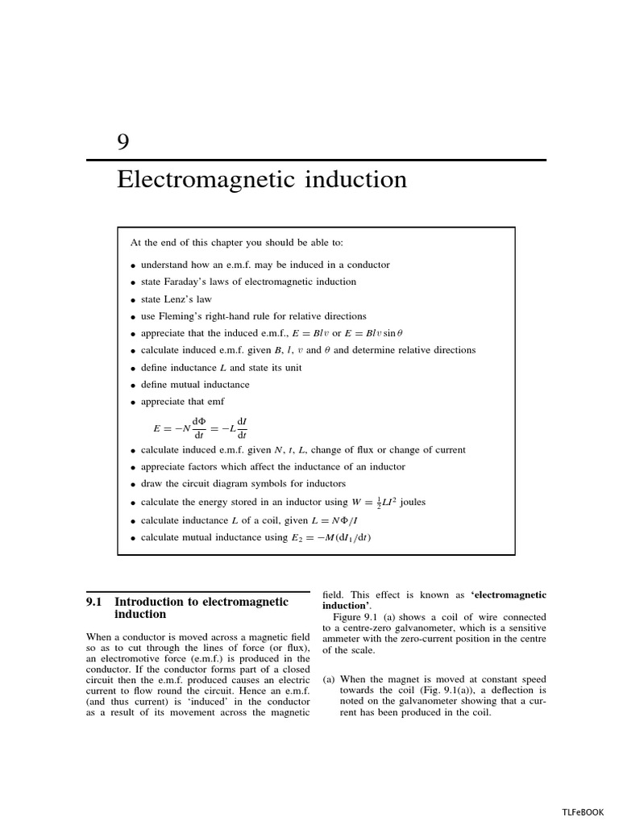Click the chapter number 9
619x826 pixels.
123,142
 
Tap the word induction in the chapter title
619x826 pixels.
353,179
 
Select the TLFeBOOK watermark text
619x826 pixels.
583,812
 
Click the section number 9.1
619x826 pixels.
97,602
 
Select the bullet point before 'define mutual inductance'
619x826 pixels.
133,386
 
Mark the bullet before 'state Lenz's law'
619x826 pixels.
133,300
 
